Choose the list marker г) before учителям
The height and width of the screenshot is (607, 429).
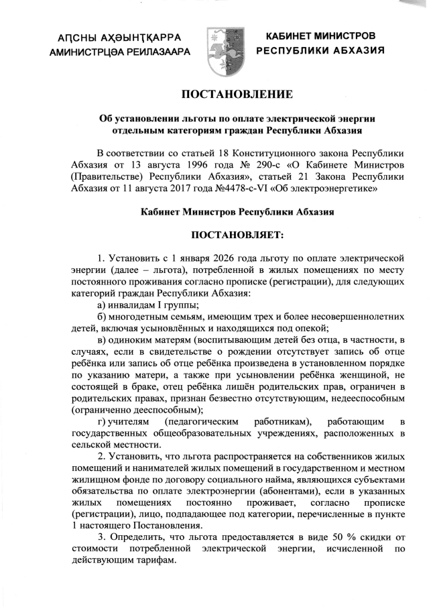(103, 421)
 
